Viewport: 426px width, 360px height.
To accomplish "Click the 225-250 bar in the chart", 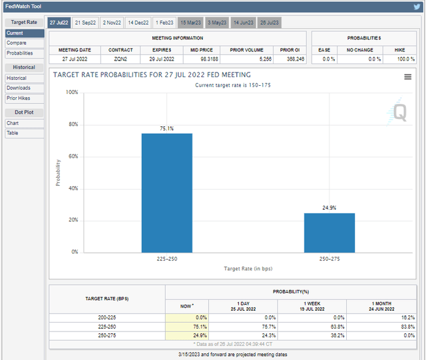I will [x=166, y=193].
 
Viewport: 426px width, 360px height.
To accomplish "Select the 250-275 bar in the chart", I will [x=329, y=232].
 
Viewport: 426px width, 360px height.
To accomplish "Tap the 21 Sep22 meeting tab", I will [x=85, y=22].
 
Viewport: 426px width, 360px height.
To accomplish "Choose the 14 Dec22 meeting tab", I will [x=138, y=22].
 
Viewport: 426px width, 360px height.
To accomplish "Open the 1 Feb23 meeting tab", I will [x=165, y=22].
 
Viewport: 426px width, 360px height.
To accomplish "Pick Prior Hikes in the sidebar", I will [x=19, y=98].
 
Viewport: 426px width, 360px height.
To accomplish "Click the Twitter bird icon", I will [x=417, y=7].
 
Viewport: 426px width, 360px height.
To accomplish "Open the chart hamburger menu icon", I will [x=407, y=77].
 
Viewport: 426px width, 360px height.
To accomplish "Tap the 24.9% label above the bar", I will [x=329, y=208].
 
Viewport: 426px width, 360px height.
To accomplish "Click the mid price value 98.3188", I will [x=204, y=59].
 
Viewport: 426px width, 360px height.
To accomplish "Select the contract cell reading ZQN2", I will [x=120, y=59].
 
